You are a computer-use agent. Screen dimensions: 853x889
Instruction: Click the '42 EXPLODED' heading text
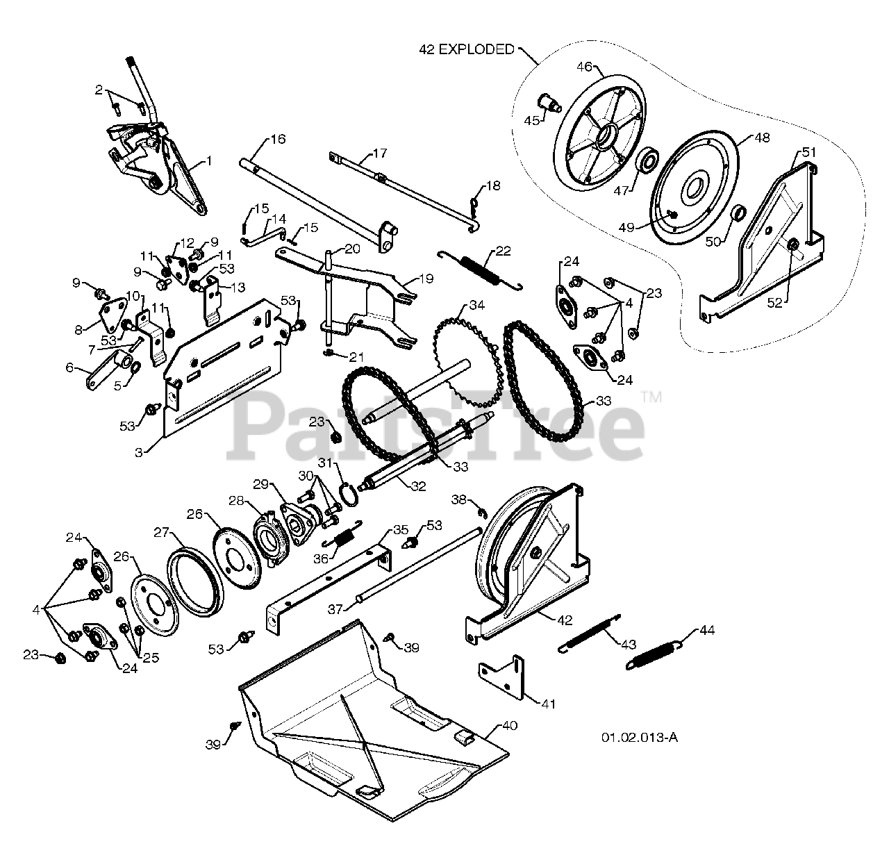pyautogui.click(x=466, y=49)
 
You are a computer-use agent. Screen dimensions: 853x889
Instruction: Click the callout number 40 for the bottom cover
pyautogui.click(x=509, y=727)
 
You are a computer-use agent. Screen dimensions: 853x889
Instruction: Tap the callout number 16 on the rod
pyautogui.click(x=277, y=139)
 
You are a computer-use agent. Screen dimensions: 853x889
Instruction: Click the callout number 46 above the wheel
pyautogui.click(x=585, y=67)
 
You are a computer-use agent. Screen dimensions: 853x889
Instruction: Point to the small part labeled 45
pyautogui.click(x=552, y=106)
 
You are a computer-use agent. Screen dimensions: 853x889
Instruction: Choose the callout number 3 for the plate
pyautogui.click(x=139, y=452)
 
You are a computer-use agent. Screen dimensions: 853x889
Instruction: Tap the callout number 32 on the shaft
pyautogui.click(x=417, y=486)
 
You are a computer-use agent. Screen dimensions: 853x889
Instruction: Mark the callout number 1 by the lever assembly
pyautogui.click(x=210, y=162)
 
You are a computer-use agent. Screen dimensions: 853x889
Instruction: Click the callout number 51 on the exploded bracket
pyautogui.click(x=809, y=152)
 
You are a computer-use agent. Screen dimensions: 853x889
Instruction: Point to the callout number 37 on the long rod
pyautogui.click(x=335, y=609)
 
